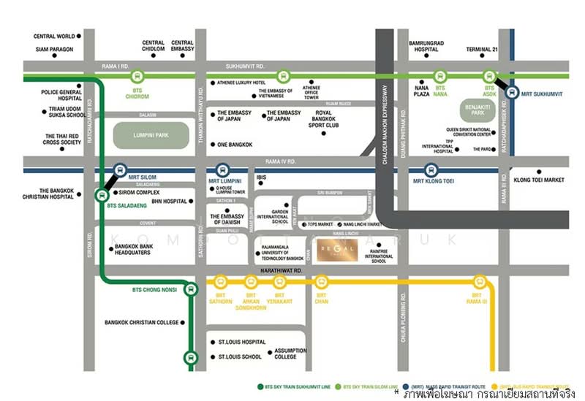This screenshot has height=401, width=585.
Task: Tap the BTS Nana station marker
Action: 440,76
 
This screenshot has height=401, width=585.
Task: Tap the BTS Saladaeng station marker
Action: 102,194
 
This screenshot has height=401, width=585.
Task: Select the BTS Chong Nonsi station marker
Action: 190,288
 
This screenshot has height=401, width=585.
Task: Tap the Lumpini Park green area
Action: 151,134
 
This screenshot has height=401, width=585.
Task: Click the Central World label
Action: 56,36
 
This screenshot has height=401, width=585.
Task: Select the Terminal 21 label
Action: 483,50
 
